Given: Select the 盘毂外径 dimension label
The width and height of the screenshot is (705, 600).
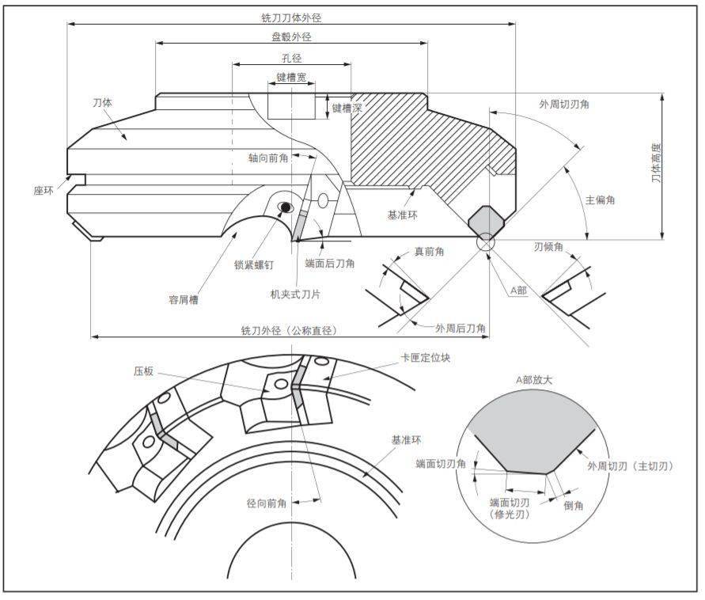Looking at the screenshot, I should pyautogui.click(x=292, y=36).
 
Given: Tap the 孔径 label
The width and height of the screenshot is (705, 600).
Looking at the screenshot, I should pyautogui.click(x=292, y=59).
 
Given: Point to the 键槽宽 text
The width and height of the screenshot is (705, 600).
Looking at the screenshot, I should pyautogui.click(x=291, y=78).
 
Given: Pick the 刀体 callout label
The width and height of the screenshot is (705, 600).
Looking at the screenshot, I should pyautogui.click(x=102, y=104).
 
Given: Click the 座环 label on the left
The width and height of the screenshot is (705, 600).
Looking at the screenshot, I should pyautogui.click(x=44, y=190).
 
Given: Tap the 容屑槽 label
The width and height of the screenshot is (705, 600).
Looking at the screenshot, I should pyautogui.click(x=184, y=299).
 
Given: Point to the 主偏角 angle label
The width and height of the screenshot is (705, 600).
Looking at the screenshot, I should pyautogui.click(x=601, y=200).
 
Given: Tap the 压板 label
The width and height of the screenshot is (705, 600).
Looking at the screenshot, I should pyautogui.click(x=143, y=370).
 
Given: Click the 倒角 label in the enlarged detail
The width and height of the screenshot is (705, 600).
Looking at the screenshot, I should pyautogui.click(x=574, y=505).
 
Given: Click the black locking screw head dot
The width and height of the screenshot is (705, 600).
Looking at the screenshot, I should pyautogui.click(x=284, y=207).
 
